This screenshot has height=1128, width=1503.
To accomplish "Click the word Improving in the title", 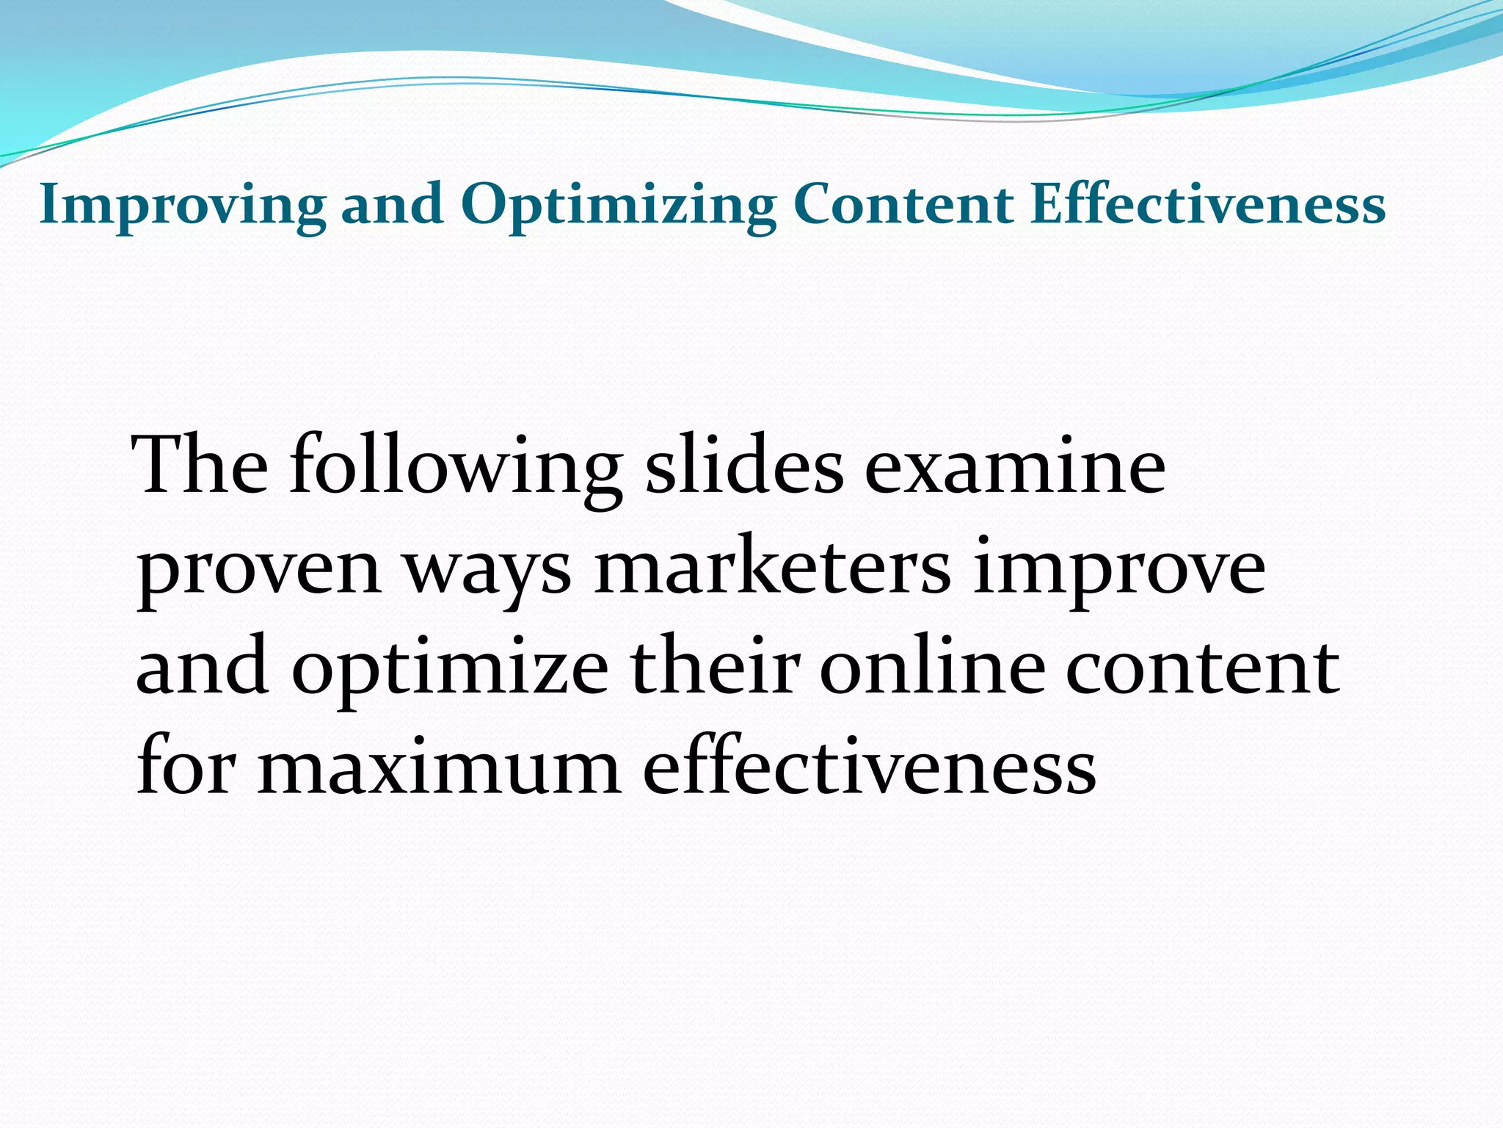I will click(182, 205).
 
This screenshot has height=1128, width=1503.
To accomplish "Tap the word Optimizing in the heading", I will click(618, 205).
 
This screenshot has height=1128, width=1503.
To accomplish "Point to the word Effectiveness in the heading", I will click(1207, 205).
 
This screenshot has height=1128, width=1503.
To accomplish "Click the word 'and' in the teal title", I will click(392, 205).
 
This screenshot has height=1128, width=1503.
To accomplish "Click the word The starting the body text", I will click(201, 466).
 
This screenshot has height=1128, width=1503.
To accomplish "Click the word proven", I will click(259, 570).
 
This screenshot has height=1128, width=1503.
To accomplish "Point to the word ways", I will click(488, 570).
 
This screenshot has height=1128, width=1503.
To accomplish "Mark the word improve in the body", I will click(1119, 570).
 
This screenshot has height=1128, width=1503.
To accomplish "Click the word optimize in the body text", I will click(450, 670).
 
